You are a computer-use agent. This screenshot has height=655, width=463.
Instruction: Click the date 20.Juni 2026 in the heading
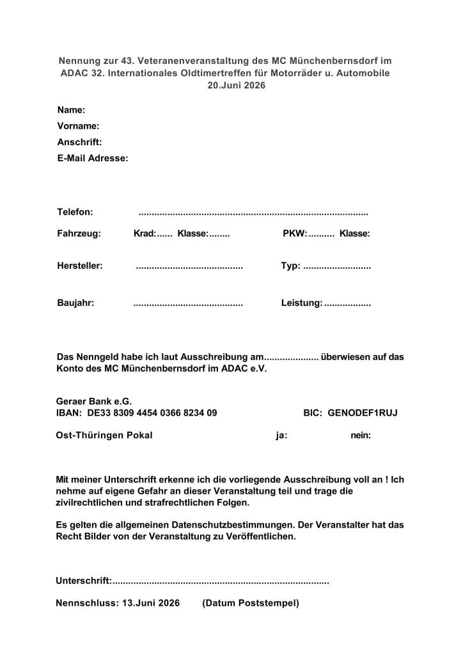[231, 85]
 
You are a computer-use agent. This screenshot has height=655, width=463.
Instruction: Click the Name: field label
[71, 110]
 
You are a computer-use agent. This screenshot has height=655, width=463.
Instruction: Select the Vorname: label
[78, 126]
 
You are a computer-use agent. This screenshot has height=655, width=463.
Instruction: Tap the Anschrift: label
[79, 142]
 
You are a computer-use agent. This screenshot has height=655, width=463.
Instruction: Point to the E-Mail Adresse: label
[93, 157]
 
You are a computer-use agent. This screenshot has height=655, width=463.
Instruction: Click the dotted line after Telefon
[253, 212]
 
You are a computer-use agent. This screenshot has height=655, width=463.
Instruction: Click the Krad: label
[144, 234]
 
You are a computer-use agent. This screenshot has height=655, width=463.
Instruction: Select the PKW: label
[295, 234]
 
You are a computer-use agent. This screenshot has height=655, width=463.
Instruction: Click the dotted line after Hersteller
[189, 266]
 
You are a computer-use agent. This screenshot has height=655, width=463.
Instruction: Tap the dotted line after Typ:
[337, 266]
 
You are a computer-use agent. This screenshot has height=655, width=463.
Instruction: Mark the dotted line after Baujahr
[188, 303]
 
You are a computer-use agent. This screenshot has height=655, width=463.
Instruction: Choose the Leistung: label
[302, 303]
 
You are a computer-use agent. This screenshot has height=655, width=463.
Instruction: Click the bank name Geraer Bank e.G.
[93, 401]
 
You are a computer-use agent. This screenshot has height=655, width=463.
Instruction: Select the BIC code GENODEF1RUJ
[363, 413]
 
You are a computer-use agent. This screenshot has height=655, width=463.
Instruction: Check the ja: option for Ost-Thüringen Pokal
[281, 436]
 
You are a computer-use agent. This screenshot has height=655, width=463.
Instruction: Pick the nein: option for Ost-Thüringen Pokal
[361, 436]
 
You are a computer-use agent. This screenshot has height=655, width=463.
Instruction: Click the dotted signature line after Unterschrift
[221, 581]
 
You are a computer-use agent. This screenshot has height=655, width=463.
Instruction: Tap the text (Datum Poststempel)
[251, 603]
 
